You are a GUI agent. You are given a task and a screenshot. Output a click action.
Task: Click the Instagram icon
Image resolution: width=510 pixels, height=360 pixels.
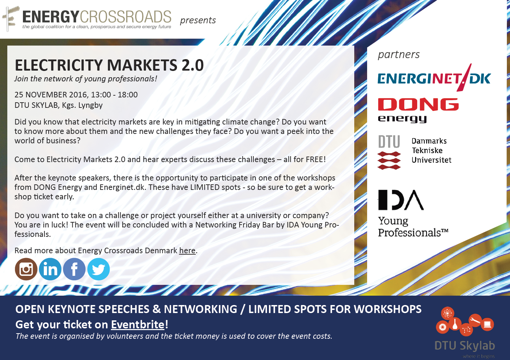pos(26,269)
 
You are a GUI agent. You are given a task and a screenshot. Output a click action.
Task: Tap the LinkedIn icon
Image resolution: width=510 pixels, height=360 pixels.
pos(50,269)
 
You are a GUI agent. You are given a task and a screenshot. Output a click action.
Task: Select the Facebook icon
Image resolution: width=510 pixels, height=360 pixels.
pos(74,269)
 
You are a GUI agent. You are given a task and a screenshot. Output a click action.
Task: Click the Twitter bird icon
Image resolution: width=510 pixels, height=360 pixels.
pos(98,269)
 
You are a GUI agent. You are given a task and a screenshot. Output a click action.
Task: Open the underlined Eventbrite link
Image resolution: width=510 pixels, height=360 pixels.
pos(138,325)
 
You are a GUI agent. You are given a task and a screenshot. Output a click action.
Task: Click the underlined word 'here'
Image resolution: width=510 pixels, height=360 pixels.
pos(187,251)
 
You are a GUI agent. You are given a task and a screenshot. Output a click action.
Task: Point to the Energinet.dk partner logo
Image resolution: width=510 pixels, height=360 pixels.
pos(434,78)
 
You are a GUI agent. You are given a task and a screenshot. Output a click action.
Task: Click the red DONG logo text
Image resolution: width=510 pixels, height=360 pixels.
pos(418,104)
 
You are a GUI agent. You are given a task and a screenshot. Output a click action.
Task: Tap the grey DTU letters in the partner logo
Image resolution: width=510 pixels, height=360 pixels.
pos(389,142)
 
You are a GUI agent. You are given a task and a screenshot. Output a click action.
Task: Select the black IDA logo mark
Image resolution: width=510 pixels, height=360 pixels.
pos(401,200)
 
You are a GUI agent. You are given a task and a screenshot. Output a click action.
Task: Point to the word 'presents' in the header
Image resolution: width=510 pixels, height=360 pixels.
pos(198,21)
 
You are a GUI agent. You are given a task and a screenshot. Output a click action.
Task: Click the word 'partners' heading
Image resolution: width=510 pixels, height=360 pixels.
pos(399,55)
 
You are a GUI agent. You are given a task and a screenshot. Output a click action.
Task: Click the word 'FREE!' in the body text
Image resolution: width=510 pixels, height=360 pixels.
pos(316,160)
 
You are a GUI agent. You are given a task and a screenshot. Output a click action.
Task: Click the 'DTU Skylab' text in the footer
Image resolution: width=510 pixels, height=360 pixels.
pos(465,346)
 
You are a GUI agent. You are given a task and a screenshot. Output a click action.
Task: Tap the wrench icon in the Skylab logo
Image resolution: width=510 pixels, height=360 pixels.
pos(475,320)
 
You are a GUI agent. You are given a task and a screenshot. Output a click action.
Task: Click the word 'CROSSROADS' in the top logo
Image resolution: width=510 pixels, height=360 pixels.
pos(126,17)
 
